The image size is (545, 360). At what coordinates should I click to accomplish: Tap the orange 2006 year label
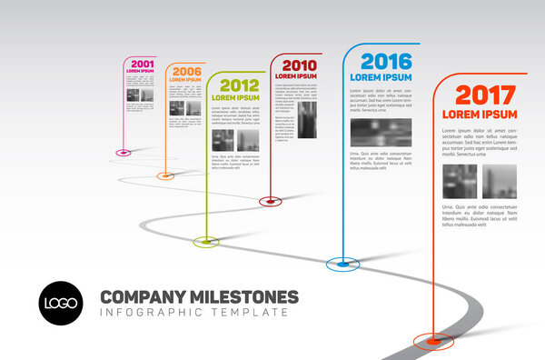click(186, 71)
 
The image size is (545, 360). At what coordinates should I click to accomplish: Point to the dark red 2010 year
click(299, 65)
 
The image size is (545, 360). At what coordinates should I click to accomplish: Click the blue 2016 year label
click(385, 62)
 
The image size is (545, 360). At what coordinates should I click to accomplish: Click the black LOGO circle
click(60, 303)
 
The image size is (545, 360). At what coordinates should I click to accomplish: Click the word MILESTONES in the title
click(246, 296)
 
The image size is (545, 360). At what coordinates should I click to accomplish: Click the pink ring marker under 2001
click(123, 151)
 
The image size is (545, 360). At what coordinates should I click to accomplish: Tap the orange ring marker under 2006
click(165, 175)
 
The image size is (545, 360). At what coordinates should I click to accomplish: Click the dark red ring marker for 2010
click(268, 200)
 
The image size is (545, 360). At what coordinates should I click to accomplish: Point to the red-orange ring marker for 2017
click(433, 341)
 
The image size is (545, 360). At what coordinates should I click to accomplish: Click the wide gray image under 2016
click(381, 133)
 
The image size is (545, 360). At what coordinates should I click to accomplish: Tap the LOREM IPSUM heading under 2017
click(480, 115)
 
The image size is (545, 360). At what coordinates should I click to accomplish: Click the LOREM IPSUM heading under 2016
click(381, 77)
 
